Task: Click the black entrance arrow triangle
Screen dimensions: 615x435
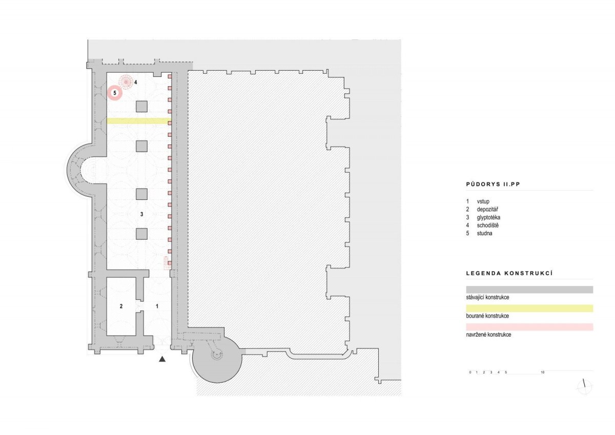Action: coord(162,359)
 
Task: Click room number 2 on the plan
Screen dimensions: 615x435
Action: coord(121,306)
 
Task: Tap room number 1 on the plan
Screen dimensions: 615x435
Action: coord(157,306)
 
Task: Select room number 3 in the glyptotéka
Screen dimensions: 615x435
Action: coord(141,214)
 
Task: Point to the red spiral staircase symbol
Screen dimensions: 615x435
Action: coord(126,82)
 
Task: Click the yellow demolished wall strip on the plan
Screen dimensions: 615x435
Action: coord(139,121)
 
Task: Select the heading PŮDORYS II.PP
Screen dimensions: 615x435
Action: coord(493,184)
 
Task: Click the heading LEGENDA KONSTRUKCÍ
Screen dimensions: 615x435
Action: coord(509,274)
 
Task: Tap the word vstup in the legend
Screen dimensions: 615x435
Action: coord(483,201)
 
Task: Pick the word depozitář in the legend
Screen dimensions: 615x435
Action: coord(487,210)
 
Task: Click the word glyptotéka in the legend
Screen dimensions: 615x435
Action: coord(488,217)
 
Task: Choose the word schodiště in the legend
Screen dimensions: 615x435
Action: coord(487,225)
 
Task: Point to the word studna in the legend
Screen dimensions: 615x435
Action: coord(484,233)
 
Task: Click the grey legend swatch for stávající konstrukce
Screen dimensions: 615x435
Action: coord(529,289)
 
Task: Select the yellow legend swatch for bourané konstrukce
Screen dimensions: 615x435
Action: coord(529,308)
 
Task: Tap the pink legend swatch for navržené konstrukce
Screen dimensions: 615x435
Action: coord(529,327)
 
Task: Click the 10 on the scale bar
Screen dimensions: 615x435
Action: coord(543,372)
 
